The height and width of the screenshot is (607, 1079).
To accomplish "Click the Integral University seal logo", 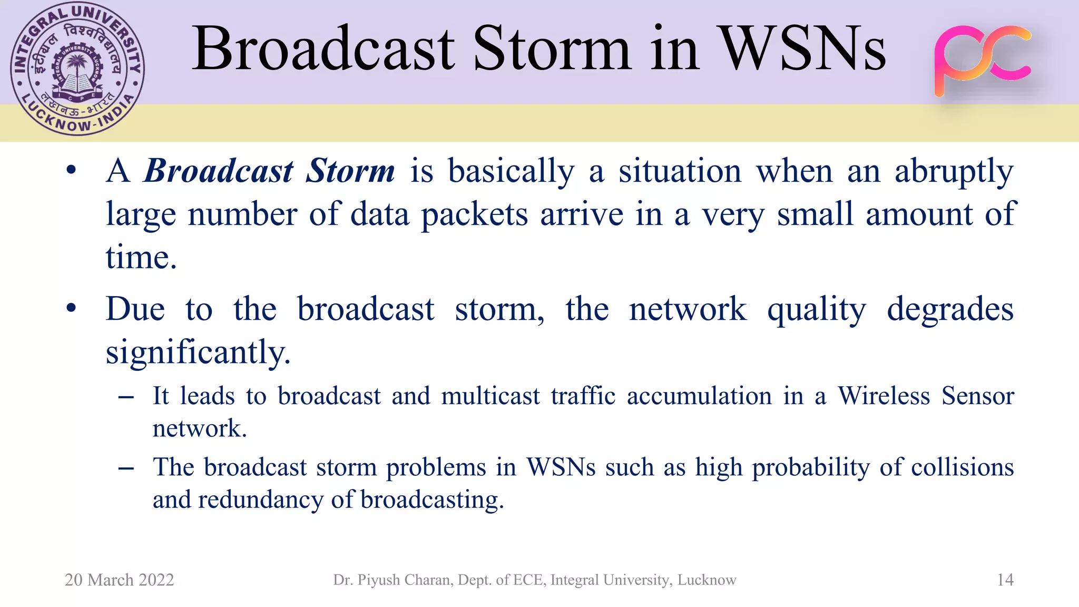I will [77, 68].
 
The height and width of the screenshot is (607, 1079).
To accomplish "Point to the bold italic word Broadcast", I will [218, 171].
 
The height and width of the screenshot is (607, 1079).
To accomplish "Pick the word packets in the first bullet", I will [474, 215].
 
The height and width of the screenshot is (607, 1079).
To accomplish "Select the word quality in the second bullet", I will [816, 310].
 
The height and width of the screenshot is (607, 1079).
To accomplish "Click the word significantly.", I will [198, 352].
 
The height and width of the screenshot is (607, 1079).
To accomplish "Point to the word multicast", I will [491, 396].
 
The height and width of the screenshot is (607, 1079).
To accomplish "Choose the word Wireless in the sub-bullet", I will [884, 396].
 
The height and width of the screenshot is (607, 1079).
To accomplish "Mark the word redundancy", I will [260, 500].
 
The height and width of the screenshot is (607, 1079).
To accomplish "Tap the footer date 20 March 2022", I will [119, 580].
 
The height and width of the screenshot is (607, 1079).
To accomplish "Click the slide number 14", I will [1005, 580].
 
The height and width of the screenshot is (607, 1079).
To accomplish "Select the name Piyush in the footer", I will [377, 580].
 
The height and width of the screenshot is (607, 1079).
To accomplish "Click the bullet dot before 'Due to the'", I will [71, 308].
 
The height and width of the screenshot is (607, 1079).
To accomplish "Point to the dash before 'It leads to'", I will [126, 397].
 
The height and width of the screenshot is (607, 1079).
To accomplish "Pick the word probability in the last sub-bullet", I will [810, 468].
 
